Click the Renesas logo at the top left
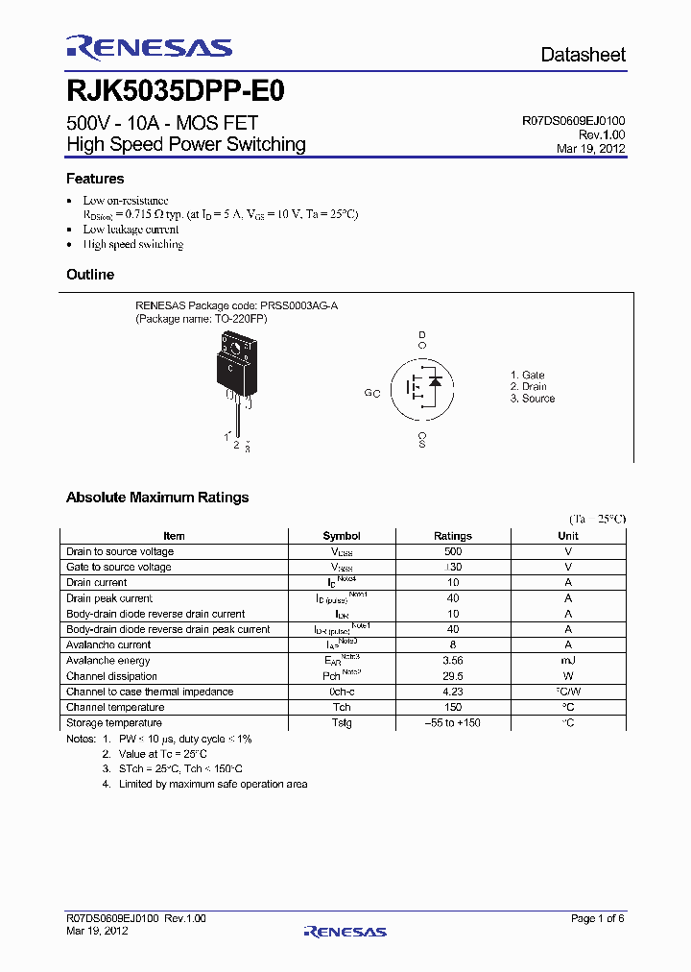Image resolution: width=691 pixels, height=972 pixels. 149,48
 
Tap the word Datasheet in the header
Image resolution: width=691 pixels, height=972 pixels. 583,55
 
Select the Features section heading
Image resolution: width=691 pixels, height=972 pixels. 95,179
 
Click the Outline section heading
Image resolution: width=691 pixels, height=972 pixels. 90,275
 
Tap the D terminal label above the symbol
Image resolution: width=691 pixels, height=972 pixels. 421,334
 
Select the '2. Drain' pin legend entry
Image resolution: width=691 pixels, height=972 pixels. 528,386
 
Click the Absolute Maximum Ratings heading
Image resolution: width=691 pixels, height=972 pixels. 157,498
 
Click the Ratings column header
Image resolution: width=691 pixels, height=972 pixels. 453,536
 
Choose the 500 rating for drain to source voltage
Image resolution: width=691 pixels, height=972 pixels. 453,551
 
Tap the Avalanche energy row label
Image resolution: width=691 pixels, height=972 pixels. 108,661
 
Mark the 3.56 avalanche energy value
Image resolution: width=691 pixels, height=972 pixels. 453,661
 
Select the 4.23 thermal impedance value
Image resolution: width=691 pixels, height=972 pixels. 453,692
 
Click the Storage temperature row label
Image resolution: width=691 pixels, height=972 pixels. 114,723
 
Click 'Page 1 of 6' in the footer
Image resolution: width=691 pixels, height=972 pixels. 597,919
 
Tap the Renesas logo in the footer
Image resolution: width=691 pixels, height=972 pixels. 345,932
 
